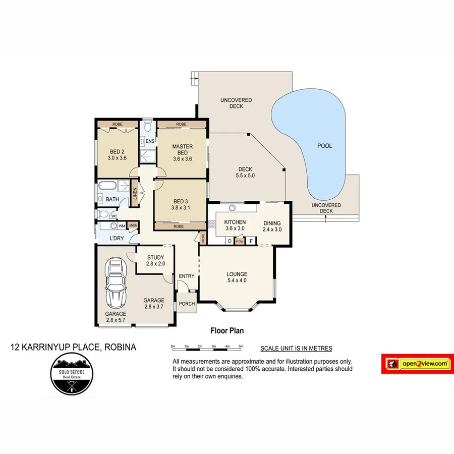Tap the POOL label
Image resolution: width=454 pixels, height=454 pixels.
pos(324,146)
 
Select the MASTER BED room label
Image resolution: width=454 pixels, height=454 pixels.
pos(182,150)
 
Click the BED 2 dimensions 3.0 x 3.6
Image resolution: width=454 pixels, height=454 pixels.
pos(117,158)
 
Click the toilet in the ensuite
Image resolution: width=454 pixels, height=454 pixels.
pos(147,128)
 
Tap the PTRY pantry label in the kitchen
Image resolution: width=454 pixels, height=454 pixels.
pos(240,242)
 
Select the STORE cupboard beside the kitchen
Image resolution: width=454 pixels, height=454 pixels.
pos(203,238)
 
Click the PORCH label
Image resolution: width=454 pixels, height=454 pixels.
pos(187,304)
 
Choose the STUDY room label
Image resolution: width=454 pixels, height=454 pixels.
pos(155,257)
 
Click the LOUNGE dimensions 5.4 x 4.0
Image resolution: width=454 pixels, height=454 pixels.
pos(237,280)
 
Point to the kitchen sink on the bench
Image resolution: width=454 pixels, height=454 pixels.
pos(233,207)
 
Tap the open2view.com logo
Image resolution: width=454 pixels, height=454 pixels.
pos(417,364)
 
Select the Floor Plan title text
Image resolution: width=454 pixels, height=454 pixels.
pos(227,331)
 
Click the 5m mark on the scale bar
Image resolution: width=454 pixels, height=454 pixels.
pos(241,347)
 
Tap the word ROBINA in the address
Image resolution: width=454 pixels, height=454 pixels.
pos(120,347)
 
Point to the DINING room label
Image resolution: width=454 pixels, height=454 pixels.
pos(271,223)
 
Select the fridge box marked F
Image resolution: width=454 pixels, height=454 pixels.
pos(251,242)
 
